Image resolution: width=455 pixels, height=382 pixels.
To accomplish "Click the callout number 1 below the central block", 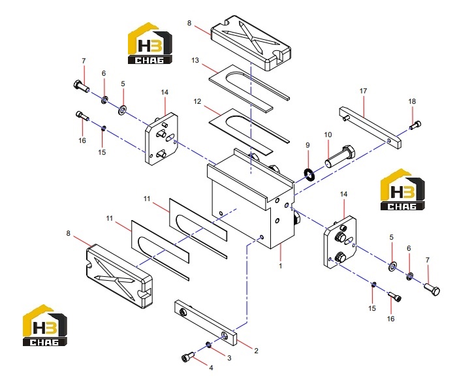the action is (x=280, y=266).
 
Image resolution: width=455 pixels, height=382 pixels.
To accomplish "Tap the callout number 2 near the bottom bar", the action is (x=256, y=351).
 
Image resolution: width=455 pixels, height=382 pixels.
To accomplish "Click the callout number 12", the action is (x=197, y=101).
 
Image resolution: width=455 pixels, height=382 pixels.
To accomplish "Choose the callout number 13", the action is (x=195, y=60).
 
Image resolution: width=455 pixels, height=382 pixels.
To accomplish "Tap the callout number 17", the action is (x=364, y=91).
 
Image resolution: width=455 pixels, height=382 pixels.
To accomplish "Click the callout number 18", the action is (x=412, y=101).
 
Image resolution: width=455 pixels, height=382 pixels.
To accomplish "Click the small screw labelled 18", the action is (x=415, y=125).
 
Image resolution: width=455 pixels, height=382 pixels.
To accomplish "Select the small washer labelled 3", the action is (x=208, y=345).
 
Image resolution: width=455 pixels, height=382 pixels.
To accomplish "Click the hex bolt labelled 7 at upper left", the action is (x=81, y=86).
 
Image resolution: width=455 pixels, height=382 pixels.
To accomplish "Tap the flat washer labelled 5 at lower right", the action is (x=392, y=266).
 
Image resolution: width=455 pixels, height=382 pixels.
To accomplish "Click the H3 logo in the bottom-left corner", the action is (x=45, y=325).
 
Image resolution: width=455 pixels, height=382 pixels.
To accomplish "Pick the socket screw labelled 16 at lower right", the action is (x=395, y=296).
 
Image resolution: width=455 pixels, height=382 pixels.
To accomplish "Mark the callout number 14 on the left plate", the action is (x=165, y=92).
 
